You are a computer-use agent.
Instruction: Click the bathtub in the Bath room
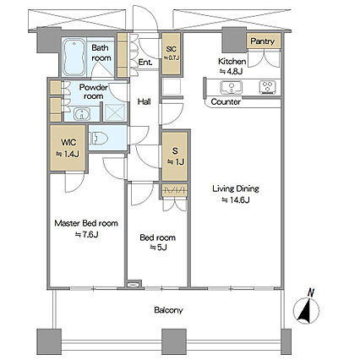coord(74,57)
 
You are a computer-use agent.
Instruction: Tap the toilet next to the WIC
coord(99,139)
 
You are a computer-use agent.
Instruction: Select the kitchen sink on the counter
coord(232,87)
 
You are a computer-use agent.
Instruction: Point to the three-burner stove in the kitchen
coord(267,87)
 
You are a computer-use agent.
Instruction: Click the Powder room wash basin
coord(82,114)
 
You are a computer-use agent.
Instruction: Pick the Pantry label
coord(263,41)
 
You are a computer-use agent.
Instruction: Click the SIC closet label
coord(171,52)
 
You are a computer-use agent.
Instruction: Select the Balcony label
coord(168,310)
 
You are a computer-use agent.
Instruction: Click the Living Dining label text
coord(236,188)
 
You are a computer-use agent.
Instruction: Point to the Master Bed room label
coord(86,223)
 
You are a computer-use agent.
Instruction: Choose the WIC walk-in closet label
coord(68,142)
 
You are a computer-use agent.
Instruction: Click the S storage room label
coord(175,151)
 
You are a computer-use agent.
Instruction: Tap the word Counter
coord(226,101)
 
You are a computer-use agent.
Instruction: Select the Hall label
coord(145,101)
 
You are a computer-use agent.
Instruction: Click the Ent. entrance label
coord(145,63)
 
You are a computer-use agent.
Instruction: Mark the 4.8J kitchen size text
coord(231,71)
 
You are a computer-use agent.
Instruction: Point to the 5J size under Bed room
coord(158,248)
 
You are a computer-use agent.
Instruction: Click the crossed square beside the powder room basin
coord(115,112)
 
